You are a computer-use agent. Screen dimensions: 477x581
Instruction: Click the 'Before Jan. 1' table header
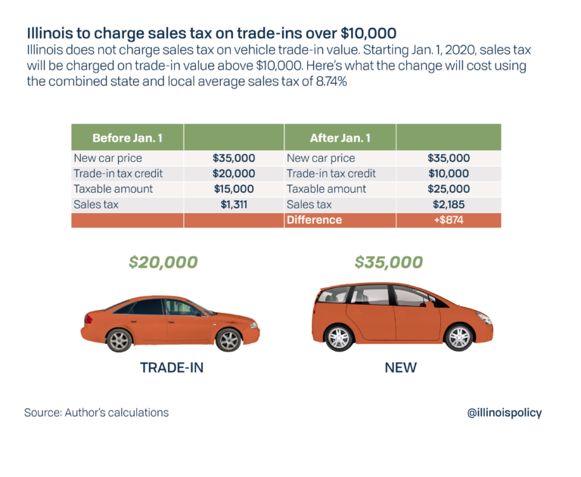click(x=127, y=138)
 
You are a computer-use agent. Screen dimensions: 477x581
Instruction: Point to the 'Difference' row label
click(x=314, y=220)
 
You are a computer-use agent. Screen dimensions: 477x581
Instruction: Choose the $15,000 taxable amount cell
click(x=234, y=189)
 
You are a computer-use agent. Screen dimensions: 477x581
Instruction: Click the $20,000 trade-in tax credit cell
click(x=234, y=174)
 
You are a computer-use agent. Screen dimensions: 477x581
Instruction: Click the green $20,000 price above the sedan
click(x=163, y=262)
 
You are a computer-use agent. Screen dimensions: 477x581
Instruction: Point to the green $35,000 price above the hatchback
click(x=388, y=262)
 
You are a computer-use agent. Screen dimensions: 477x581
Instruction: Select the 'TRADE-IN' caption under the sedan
click(x=172, y=368)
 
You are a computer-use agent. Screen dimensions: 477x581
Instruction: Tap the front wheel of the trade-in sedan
click(x=228, y=340)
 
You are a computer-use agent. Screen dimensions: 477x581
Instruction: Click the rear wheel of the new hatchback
click(x=338, y=337)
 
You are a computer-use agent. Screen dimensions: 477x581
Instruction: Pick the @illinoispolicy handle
click(x=505, y=413)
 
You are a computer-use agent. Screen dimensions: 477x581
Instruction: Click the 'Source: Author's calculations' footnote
click(x=96, y=413)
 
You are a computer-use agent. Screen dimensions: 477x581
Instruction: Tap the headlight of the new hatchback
click(x=483, y=317)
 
